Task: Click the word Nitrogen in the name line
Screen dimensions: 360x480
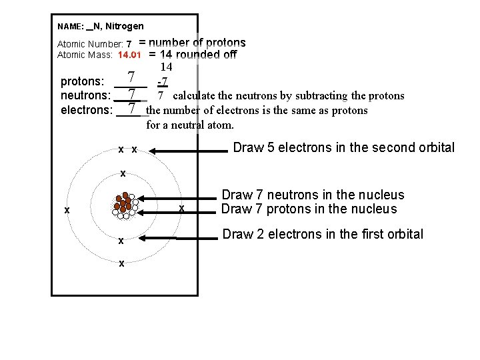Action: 124,26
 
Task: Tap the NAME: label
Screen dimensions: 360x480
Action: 71,27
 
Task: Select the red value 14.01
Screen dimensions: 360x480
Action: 130,55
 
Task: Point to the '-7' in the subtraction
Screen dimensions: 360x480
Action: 162,82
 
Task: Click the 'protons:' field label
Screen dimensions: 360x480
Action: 83,82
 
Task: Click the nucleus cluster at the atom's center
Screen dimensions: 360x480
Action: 124,205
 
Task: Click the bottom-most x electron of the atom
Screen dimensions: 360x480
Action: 121,263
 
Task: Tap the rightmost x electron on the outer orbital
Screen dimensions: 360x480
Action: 181,210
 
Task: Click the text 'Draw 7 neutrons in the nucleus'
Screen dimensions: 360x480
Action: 313,195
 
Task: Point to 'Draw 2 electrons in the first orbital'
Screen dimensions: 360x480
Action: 322,234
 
